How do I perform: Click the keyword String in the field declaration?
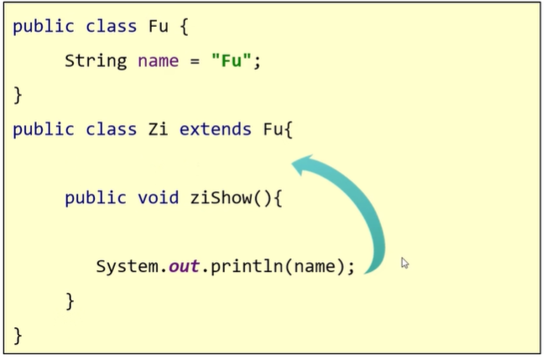[95, 61]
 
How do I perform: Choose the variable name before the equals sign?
[157, 61]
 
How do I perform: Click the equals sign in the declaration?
[196, 61]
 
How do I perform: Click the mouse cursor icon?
[405, 263]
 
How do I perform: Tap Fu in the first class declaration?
[157, 27]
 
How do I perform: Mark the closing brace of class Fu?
[18, 95]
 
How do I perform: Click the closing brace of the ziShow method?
[70, 300]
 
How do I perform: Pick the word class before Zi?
[111, 129]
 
